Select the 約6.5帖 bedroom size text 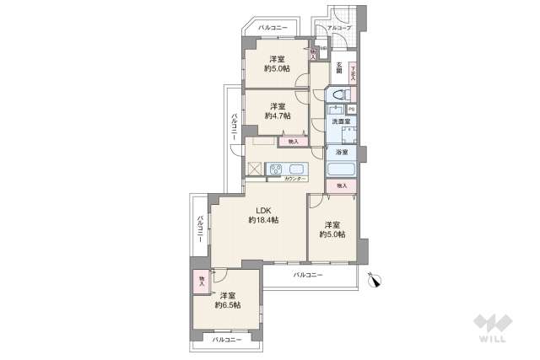[228, 305]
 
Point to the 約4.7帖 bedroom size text [278, 116]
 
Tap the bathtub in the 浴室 [342, 168]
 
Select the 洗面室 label [341, 123]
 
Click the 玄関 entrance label [339, 67]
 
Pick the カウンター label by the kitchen [294, 179]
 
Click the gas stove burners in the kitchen [276, 169]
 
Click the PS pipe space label [351, 110]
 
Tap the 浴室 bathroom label [342, 153]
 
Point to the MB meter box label [323, 49]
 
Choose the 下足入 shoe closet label [354, 71]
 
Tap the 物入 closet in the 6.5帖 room [202, 281]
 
